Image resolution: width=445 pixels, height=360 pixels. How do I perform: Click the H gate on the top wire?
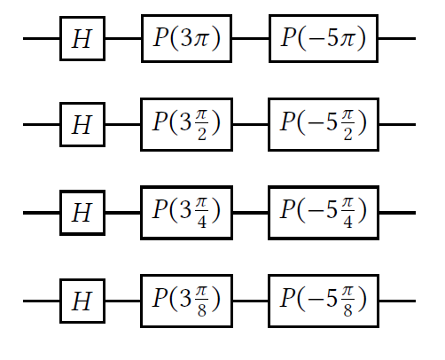click(x=82, y=38)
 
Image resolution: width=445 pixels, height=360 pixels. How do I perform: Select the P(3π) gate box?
click(x=186, y=38)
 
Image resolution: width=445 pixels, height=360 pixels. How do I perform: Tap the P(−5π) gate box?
click(x=324, y=38)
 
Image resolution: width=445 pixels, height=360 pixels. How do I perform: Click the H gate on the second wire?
click(x=82, y=124)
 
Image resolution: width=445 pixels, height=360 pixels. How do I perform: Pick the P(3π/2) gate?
click(x=186, y=124)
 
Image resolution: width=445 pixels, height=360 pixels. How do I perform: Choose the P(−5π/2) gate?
click(x=324, y=124)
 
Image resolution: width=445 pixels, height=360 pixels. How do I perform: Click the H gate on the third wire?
click(x=82, y=213)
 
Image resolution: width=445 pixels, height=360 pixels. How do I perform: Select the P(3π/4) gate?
click(x=186, y=213)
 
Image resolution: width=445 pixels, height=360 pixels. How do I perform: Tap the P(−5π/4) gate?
click(x=324, y=213)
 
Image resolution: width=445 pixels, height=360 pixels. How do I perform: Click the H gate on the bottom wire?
click(x=82, y=301)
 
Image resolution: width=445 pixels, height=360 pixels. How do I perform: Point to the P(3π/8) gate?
click(x=186, y=301)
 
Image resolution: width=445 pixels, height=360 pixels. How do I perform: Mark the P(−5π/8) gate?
click(x=324, y=301)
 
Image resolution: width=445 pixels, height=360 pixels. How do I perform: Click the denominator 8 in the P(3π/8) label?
click(x=202, y=310)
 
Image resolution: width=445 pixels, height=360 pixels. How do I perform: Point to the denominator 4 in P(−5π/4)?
click(x=347, y=223)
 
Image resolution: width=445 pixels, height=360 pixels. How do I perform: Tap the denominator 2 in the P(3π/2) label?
click(x=202, y=134)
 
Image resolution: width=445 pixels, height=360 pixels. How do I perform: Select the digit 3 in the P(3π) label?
click(x=186, y=38)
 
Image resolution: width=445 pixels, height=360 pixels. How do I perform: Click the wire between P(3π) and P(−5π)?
click(x=250, y=38)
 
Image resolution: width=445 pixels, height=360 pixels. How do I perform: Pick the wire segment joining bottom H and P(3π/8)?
click(x=122, y=301)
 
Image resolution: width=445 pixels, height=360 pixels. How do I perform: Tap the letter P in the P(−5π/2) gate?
click(x=288, y=121)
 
